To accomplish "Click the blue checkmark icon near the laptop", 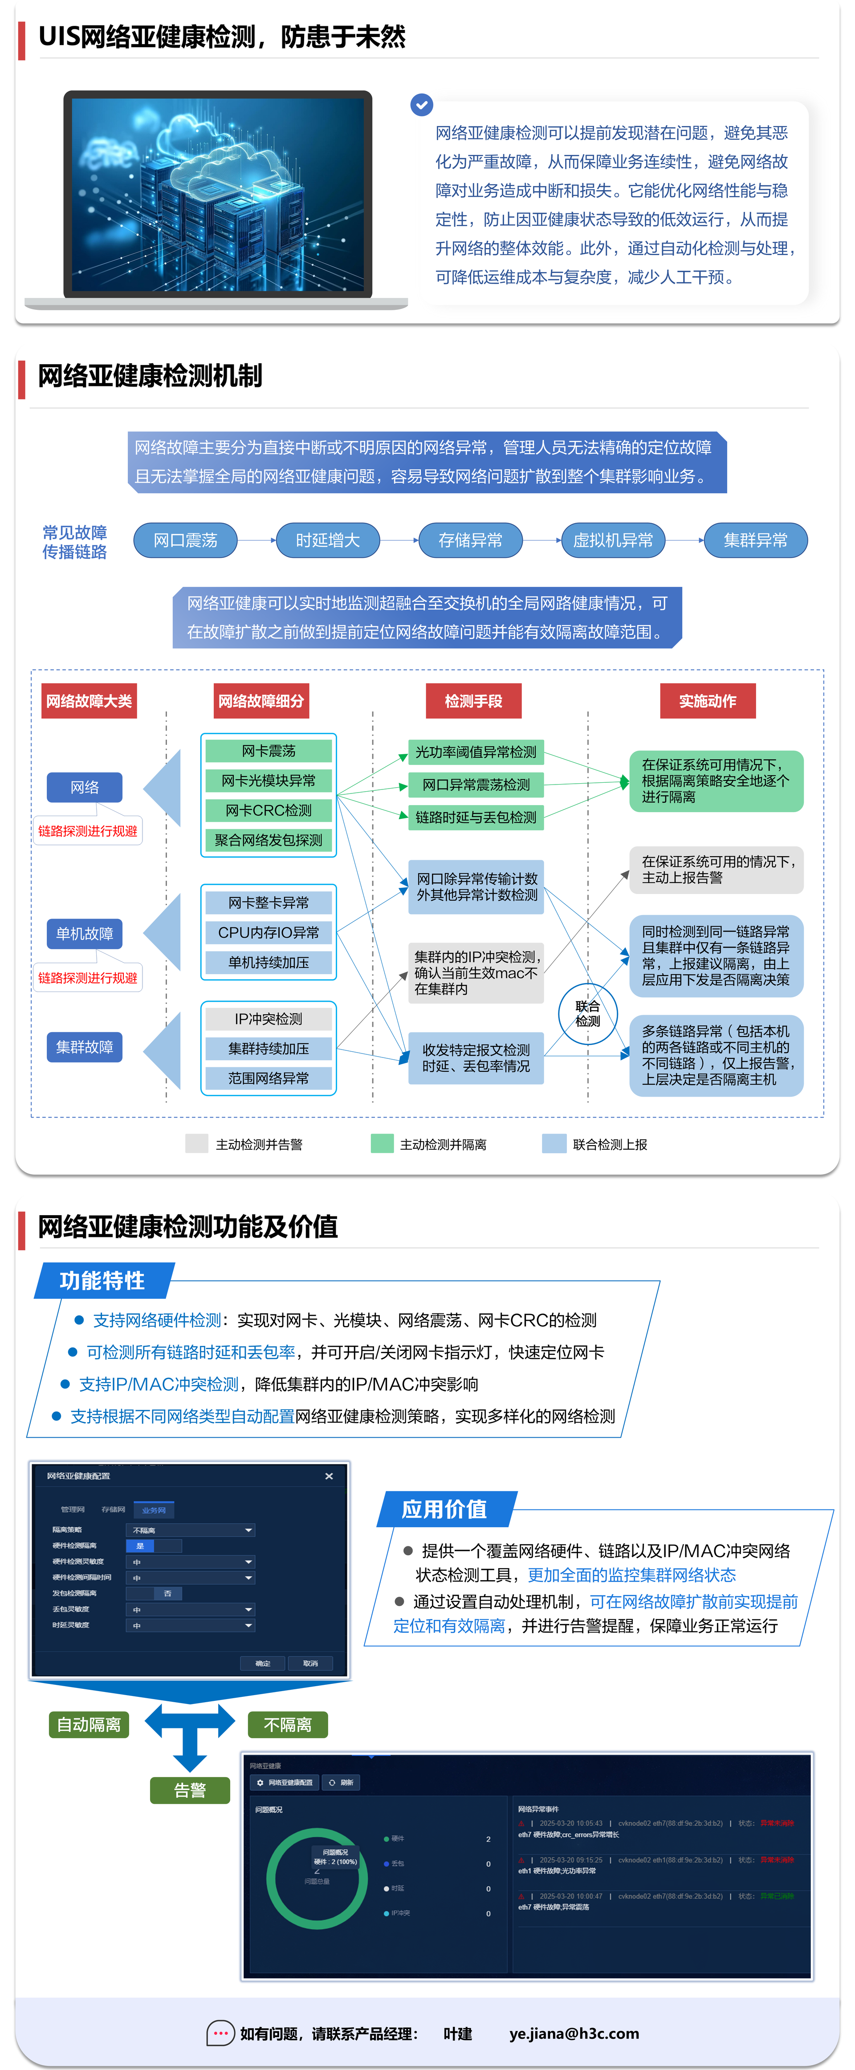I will [422, 105].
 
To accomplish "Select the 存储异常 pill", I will [470, 540].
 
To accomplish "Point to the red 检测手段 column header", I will [473, 701].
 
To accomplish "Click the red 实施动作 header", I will [707, 701].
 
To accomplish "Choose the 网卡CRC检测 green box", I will [269, 810].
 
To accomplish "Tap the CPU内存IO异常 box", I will [269, 932].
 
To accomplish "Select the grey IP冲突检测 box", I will [269, 1019].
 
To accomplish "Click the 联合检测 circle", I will [587, 1014].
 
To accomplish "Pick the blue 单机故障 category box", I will [84, 934].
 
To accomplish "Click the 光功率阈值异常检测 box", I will [476, 752].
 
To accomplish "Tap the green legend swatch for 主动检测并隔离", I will [382, 1143].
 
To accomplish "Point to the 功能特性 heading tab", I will [102, 1280].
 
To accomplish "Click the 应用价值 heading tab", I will [444, 1509].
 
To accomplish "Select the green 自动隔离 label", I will [88, 1724].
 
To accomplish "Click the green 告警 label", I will [190, 1790].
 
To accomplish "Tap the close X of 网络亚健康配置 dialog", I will [329, 1476].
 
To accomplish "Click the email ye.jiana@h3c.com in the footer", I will [574, 2033].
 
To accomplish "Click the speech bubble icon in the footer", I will [220, 2033].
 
